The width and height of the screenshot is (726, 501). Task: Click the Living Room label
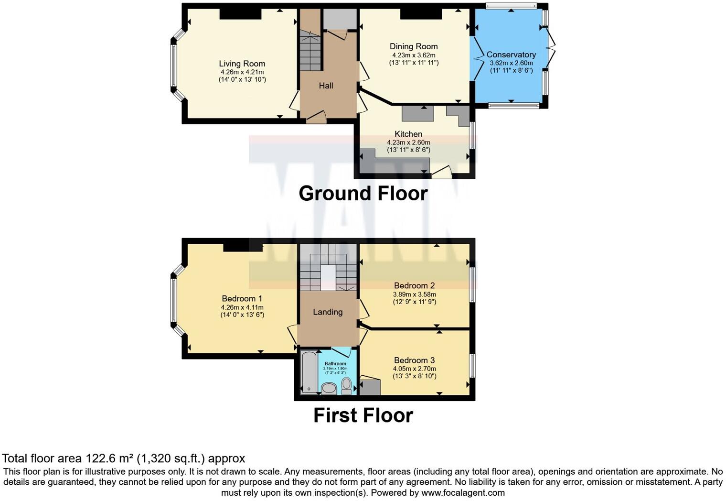[x=242, y=64]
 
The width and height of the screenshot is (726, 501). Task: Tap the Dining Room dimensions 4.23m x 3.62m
[x=414, y=55]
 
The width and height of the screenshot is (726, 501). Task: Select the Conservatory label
[x=511, y=54]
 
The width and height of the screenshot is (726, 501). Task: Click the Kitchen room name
[x=408, y=134]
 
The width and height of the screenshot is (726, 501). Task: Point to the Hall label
[x=326, y=86]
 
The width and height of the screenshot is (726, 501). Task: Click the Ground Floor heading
[x=363, y=194]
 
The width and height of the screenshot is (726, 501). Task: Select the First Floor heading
[x=363, y=415]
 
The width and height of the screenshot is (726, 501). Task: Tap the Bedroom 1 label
[x=242, y=298]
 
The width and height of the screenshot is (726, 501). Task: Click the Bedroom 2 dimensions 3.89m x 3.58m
[x=414, y=294]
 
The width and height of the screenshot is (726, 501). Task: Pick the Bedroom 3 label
[x=414, y=360]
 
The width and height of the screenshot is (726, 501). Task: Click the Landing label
[x=328, y=312]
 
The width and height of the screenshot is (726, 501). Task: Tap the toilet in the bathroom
[x=347, y=386]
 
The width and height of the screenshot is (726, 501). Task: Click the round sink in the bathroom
[x=329, y=388]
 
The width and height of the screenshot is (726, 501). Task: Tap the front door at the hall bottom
[x=316, y=117]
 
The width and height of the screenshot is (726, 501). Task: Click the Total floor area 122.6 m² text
[x=123, y=458]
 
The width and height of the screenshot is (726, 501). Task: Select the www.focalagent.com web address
[x=462, y=492]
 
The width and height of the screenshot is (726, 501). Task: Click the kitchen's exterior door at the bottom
[x=442, y=173]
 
